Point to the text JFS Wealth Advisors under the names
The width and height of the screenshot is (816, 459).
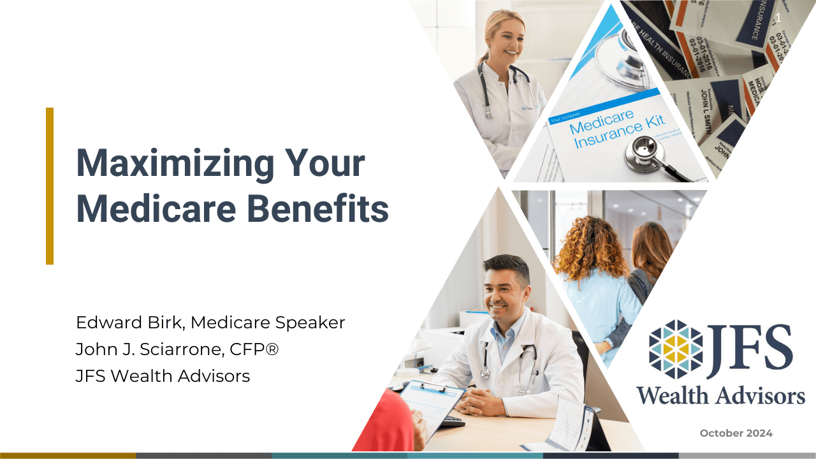163,376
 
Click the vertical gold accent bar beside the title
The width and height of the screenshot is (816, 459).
50,186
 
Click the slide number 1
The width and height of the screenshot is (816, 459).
778,18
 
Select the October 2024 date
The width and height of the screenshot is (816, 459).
736,433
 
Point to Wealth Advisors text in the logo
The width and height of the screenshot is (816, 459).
720,395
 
